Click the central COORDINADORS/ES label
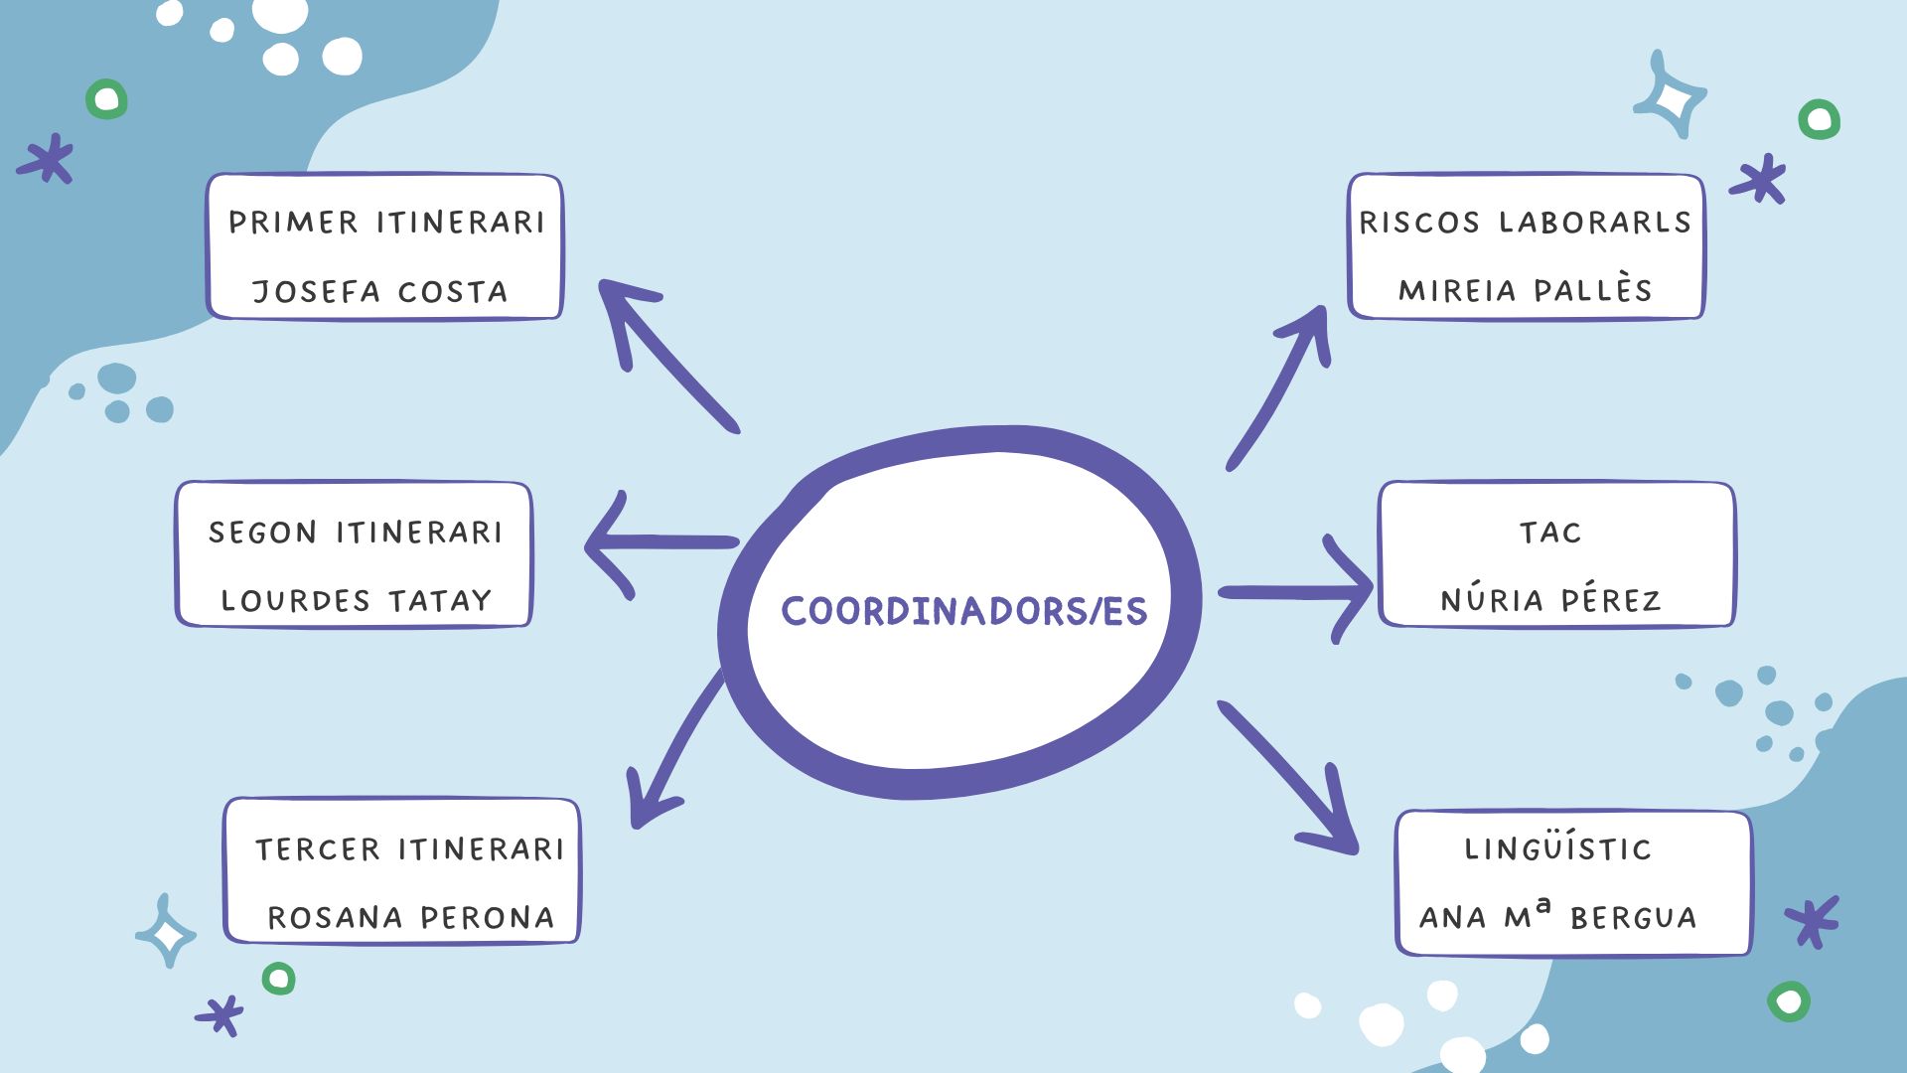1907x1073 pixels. click(963, 611)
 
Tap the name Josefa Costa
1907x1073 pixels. click(379, 291)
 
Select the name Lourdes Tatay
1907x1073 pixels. click(356, 600)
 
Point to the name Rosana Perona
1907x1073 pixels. click(410, 917)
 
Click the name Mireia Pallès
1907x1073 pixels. click(1525, 290)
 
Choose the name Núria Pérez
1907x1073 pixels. click(1549, 599)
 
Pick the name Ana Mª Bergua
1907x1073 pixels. click(1557, 915)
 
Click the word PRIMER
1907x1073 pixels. click(293, 222)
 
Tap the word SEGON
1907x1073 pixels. click(262, 533)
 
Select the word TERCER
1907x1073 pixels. click(318, 849)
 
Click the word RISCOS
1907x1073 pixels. click(1419, 223)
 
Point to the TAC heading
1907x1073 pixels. click(1549, 533)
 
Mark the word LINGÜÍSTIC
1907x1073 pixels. click(1557, 848)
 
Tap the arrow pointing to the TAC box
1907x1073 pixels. click(1296, 592)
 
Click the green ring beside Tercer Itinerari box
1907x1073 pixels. click(279, 979)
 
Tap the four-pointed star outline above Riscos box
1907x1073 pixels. click(1672, 97)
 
